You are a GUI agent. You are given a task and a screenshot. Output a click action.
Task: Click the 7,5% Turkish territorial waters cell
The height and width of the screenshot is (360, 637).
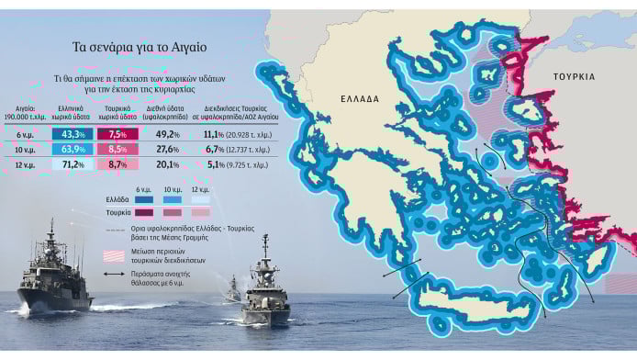point(117,134)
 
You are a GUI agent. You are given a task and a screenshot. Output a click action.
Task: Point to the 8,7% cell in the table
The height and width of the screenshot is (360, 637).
point(117,164)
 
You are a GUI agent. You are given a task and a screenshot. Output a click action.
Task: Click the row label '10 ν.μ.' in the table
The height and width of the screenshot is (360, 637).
point(26,149)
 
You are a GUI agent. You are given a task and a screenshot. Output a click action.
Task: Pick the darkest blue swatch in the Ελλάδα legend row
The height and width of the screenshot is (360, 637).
point(144,197)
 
